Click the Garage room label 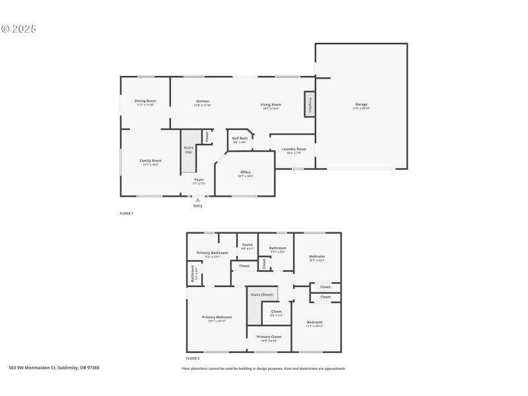(361, 104)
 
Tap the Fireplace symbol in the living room (308, 104)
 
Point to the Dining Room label (145, 101)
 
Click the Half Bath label (239, 139)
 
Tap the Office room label (245, 172)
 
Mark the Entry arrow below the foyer (197, 199)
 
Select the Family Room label (150, 160)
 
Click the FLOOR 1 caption (126, 214)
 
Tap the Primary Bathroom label (212, 253)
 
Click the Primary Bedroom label (216, 317)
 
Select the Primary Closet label (269, 337)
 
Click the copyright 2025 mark (18, 29)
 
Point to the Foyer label (199, 180)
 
